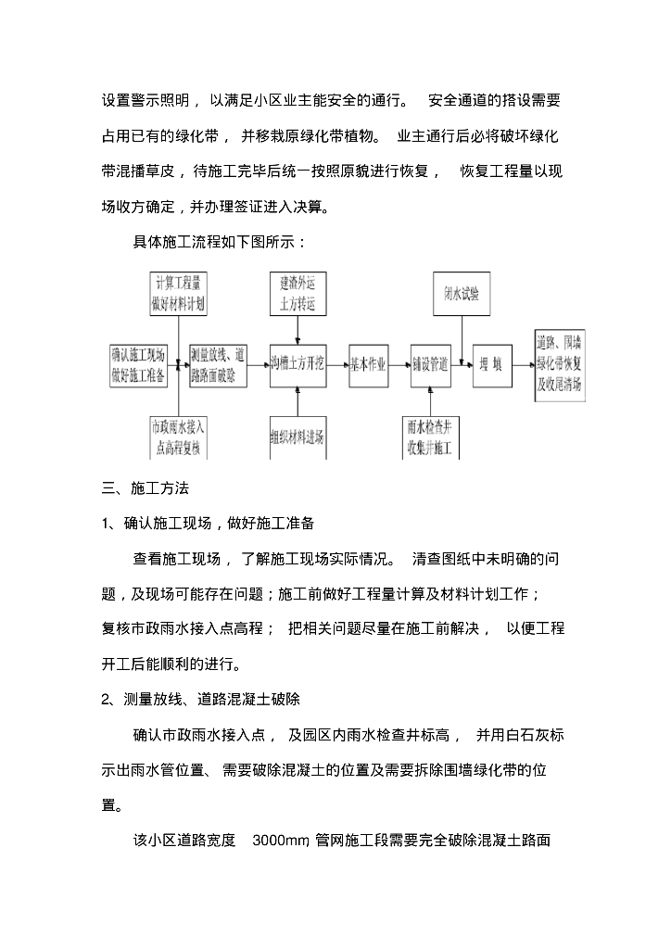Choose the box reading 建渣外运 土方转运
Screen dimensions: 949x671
(x=298, y=292)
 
